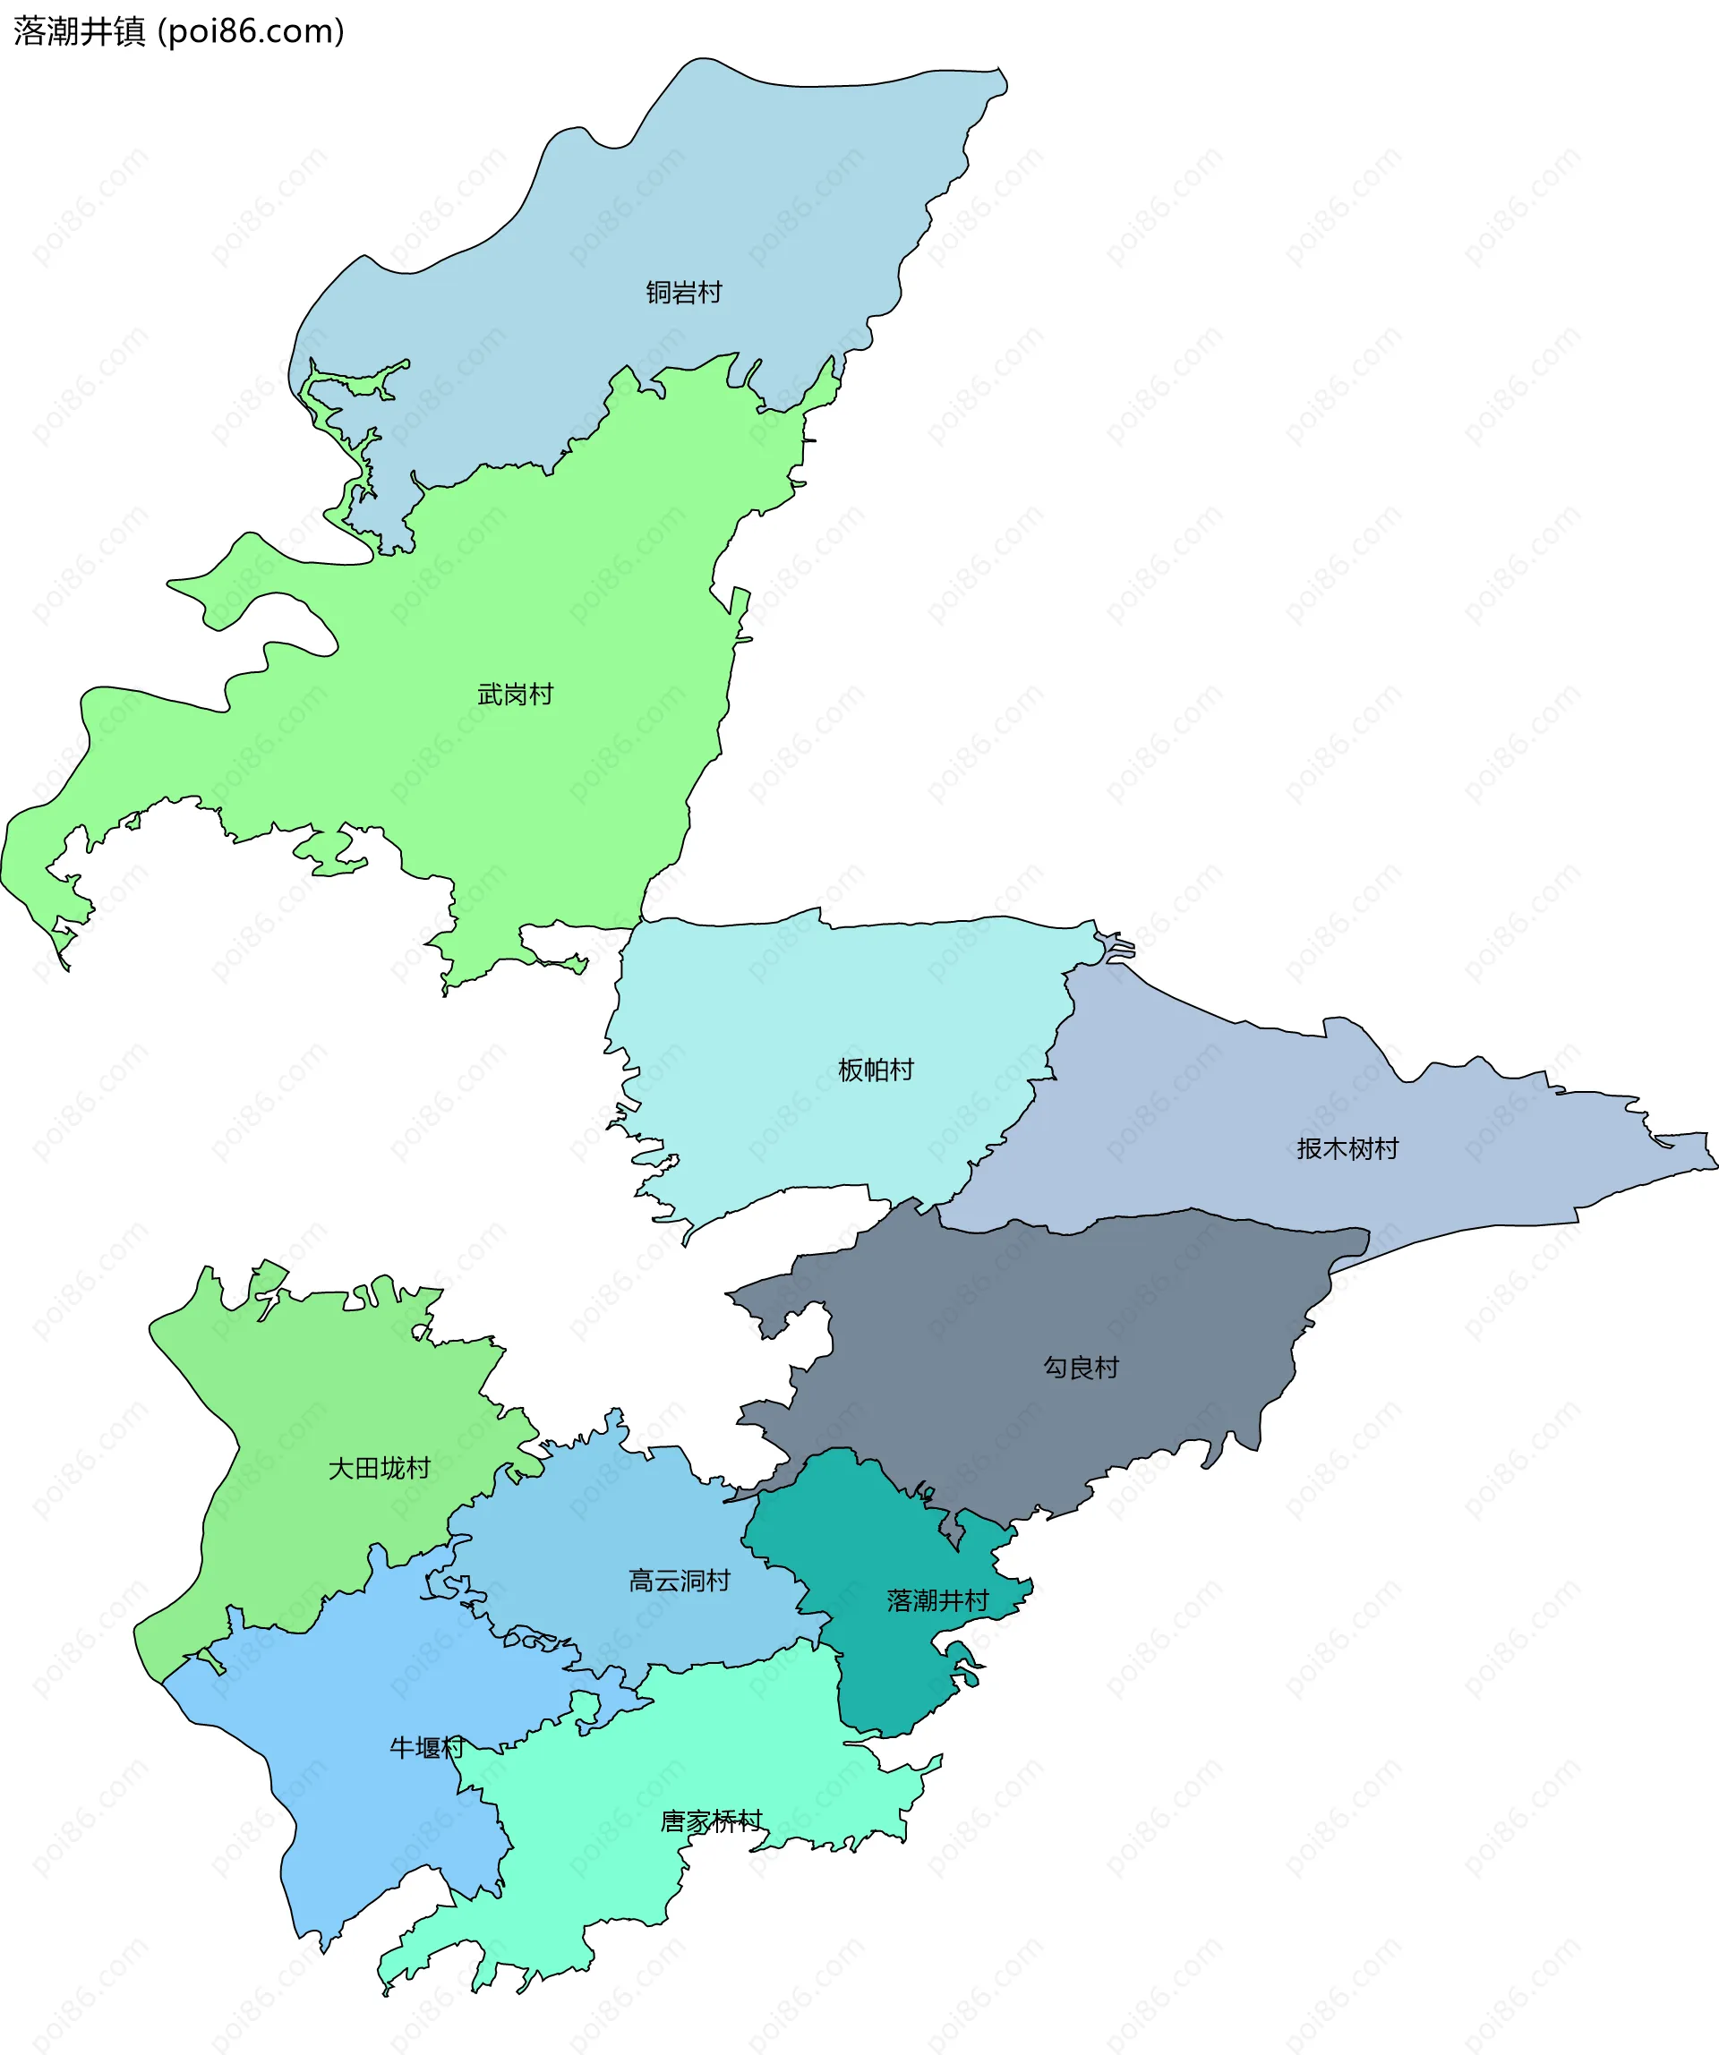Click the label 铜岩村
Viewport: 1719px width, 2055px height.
pos(683,293)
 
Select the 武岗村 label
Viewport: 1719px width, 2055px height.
pos(515,694)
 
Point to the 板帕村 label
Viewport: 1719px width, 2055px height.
pos(875,1070)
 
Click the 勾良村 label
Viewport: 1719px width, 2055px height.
pos(1081,1367)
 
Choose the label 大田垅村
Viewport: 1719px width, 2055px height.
pos(379,1468)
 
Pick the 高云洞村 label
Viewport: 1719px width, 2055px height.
pos(679,1581)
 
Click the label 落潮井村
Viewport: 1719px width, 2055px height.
pos(936,1600)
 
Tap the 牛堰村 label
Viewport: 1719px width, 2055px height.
pos(426,1747)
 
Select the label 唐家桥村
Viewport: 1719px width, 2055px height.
pos(711,1821)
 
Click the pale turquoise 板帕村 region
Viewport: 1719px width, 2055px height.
pos(832,998)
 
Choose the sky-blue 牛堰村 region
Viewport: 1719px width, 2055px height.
pos(372,1839)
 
